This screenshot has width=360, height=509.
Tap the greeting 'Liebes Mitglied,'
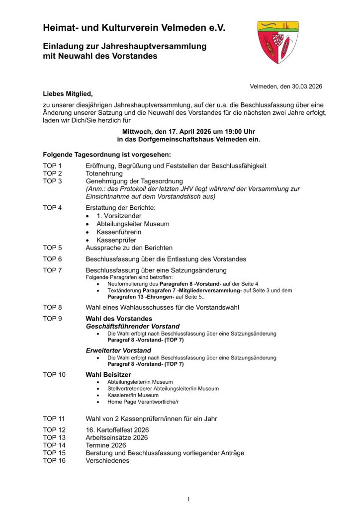(x=68, y=93)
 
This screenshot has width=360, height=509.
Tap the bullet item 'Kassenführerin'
(x=119, y=232)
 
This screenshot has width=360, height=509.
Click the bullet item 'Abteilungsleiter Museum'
(x=133, y=224)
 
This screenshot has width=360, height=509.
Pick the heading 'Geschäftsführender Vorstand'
(x=132, y=326)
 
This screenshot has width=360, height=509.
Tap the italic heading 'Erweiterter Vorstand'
(x=118, y=350)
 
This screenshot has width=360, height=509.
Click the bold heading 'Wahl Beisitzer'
(x=108, y=374)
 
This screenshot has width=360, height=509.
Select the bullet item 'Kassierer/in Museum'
(x=133, y=395)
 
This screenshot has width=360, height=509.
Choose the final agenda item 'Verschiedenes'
(x=107, y=460)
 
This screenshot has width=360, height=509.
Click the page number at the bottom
(x=188, y=499)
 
